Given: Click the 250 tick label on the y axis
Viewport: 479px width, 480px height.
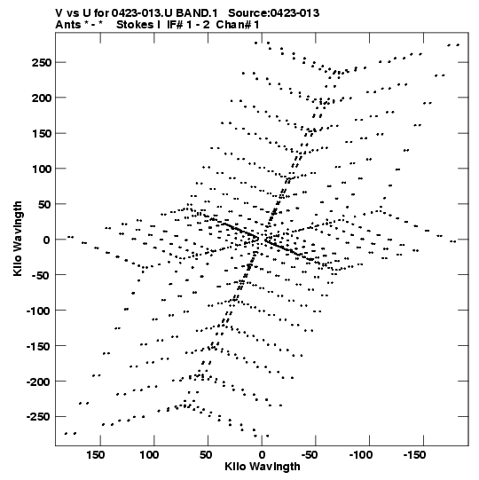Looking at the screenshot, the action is click(x=41, y=62).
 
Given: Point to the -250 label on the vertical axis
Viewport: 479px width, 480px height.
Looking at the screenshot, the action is click(x=38, y=417).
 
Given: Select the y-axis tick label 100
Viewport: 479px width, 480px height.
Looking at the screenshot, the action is click(x=41, y=169).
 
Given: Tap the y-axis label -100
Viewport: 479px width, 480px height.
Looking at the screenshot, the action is click(x=38, y=311).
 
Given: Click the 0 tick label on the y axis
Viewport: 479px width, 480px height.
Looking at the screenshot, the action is click(x=46, y=240).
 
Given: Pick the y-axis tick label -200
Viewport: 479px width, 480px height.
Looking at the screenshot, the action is click(x=38, y=382).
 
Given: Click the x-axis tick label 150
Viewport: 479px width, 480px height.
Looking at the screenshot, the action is click(x=95, y=455).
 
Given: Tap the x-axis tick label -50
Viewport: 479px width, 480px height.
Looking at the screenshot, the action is click(x=310, y=455).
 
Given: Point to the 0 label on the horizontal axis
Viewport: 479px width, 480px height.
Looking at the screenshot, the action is click(x=262, y=455).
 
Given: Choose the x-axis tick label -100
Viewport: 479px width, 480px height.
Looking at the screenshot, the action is click(x=361, y=455).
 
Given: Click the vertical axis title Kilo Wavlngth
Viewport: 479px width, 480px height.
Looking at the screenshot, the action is click(x=18, y=239).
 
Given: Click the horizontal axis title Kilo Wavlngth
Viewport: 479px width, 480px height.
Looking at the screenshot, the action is click(x=263, y=467).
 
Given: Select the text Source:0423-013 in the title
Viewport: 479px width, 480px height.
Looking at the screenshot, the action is click(x=274, y=13).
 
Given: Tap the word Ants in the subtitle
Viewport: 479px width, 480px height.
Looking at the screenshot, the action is click(x=68, y=25).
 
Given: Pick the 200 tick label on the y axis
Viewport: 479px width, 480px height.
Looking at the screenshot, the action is click(x=41, y=98).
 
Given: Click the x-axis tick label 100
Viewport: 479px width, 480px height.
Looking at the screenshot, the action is click(x=149, y=455).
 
